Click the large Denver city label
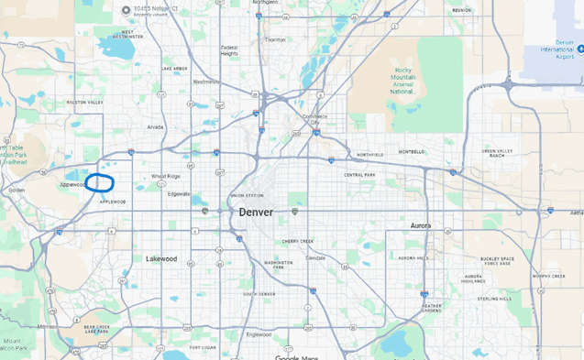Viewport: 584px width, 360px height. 256,212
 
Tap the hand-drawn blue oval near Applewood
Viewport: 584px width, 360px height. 100,183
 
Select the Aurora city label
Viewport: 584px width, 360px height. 420,225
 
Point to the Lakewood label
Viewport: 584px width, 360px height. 161,258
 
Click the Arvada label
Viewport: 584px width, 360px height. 156,127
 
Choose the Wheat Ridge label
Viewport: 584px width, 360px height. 166,176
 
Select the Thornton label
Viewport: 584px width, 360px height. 274,39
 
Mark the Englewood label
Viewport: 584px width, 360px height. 258,334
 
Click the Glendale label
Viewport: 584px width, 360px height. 315,258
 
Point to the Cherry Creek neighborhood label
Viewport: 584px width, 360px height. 298,241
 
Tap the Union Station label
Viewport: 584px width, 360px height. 247,195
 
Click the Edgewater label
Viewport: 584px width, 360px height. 179,193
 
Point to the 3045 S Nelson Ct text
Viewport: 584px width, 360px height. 155,10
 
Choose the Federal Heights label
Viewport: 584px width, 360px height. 228,49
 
